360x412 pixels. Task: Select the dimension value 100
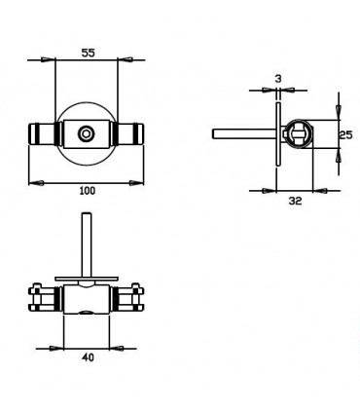click(x=87, y=191)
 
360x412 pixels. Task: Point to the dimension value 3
click(x=277, y=76)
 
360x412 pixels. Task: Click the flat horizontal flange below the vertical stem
click(x=87, y=278)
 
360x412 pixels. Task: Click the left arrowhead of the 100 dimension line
click(x=35, y=181)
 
